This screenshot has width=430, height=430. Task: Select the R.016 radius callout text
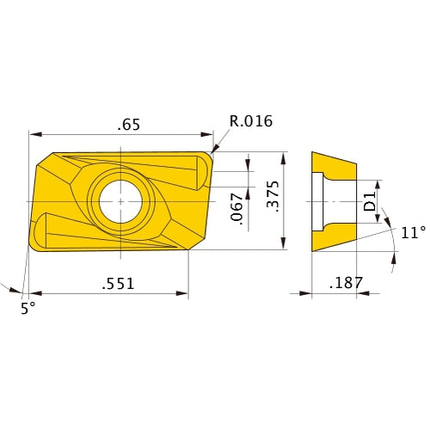pyautogui.click(x=250, y=121)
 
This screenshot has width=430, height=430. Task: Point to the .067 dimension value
pyautogui.click(x=238, y=209)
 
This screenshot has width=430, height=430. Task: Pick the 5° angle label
pyautogui.click(x=28, y=308)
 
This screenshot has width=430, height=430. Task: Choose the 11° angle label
pyautogui.click(x=413, y=232)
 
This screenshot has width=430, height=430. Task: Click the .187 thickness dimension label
pyautogui.click(x=347, y=283)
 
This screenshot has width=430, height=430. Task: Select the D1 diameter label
pyautogui.click(x=369, y=203)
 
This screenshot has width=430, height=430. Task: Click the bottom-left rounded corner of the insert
pyautogui.click(x=34, y=248)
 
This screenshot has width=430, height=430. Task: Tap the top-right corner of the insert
pyautogui.click(x=210, y=156)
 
